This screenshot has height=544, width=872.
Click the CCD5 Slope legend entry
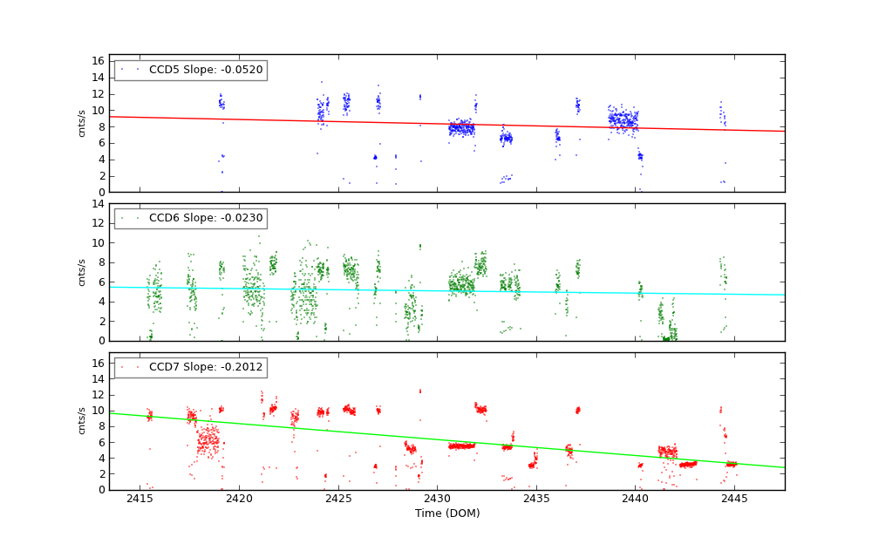(x=190, y=70)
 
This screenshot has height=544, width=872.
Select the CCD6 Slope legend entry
(x=190, y=219)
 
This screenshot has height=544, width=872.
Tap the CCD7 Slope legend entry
(x=190, y=367)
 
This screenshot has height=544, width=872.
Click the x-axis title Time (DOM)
(x=446, y=513)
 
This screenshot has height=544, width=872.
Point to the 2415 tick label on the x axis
(x=140, y=499)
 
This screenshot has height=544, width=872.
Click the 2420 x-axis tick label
(x=239, y=499)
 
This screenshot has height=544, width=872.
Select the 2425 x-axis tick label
(x=337, y=499)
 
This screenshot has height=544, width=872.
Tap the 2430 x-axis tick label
(x=437, y=499)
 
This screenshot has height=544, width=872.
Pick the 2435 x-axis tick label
(x=536, y=499)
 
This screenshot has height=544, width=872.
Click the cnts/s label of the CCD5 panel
(x=82, y=123)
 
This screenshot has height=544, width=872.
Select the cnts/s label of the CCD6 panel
(x=82, y=272)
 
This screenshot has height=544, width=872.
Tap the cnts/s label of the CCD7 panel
(x=82, y=420)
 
